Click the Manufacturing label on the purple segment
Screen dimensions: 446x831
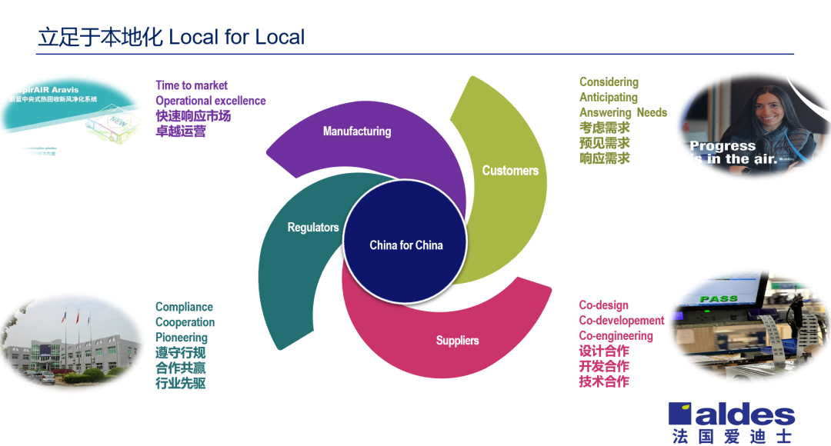coord(356,131)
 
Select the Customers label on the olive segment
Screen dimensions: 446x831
coord(510,171)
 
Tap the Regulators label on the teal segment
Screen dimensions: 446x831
coord(313,228)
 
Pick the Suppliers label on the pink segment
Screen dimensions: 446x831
coord(457,341)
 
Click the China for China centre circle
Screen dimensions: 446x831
coord(406,245)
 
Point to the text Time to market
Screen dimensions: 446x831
coord(192,85)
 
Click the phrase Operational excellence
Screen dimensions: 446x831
coord(210,101)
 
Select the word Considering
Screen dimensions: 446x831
coord(609,82)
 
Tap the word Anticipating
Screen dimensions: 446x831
coord(609,98)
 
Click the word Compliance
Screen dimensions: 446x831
coord(184,307)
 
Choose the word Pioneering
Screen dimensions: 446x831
coord(182,338)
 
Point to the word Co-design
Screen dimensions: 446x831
coord(603,305)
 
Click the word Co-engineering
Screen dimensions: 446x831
coord(616,336)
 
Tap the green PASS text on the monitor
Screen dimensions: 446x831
coord(718,298)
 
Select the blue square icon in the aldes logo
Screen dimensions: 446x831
coord(681,414)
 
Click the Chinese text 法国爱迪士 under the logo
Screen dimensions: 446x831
coord(731,436)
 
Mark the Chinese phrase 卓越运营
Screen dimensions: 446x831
coord(181,131)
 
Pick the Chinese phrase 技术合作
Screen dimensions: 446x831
coord(604,381)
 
